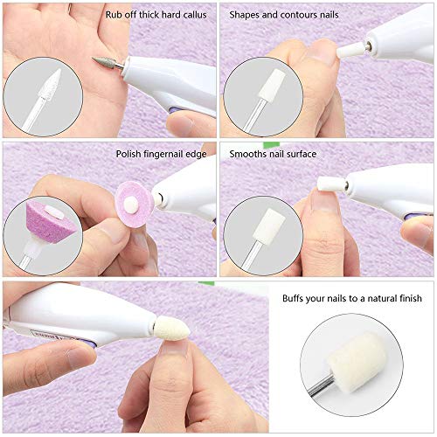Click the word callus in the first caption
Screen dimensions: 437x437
click(195, 15)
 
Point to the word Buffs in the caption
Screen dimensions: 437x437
click(293, 298)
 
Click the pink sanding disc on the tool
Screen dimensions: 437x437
click(134, 205)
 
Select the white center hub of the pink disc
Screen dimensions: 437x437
click(130, 205)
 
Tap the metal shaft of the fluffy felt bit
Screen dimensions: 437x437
click(321, 385)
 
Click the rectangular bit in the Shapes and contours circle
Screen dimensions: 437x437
click(268, 85)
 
